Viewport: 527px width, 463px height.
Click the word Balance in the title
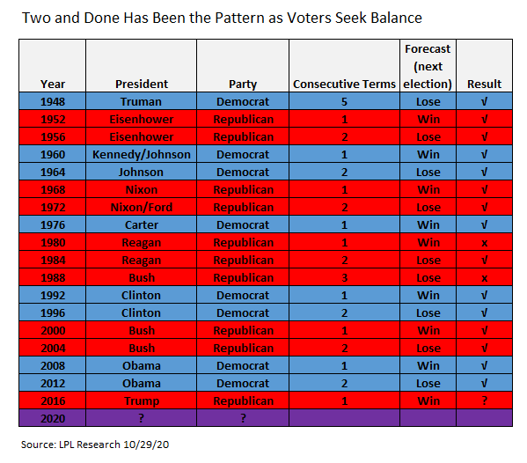point(396,18)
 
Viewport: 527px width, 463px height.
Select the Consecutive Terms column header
point(344,84)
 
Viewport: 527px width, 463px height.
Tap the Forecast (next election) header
point(428,67)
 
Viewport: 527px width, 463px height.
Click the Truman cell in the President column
point(141,101)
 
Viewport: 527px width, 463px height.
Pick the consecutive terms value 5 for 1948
point(344,101)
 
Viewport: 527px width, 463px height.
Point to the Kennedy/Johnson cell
point(141,154)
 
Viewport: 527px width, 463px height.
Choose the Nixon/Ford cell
point(141,207)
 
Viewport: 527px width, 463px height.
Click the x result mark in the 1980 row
point(484,243)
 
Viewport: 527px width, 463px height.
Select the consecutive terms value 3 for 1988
point(344,278)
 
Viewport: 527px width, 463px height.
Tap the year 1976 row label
point(53,225)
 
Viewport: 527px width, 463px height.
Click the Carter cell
point(141,225)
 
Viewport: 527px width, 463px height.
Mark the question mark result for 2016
point(484,401)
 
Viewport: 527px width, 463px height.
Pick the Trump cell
point(141,401)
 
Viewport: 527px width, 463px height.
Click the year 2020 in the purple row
point(53,419)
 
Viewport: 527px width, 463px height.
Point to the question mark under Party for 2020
point(243,418)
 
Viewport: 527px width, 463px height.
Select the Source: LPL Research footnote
point(95,445)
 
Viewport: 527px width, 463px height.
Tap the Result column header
point(484,84)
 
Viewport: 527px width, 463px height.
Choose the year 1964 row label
point(53,173)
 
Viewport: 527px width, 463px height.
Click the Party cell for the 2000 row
point(243,331)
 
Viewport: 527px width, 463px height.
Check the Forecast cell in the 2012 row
point(428,383)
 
